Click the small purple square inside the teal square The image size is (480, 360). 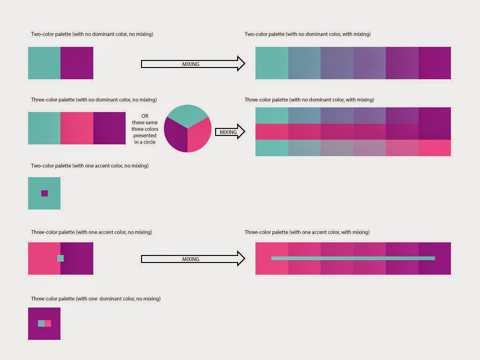coord(45,193)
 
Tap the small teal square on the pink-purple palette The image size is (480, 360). coord(60,258)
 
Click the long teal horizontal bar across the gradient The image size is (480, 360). coord(353,258)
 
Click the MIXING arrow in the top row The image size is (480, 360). coord(193,64)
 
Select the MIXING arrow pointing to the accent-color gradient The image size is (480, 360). coord(193,259)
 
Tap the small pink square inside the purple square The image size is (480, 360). coord(48,323)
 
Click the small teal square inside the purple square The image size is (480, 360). coord(41,323)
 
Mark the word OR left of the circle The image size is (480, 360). coord(145,116)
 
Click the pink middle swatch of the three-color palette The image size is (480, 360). coord(77,128)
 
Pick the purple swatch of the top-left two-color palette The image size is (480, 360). coord(77,63)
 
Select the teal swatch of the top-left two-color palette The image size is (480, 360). coord(44,63)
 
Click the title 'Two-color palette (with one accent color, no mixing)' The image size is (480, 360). coord(90,166)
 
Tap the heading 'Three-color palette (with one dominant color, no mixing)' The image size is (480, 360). coord(96,299)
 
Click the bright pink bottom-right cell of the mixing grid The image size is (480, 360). coord(435,148)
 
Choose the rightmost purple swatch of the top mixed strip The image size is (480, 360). coord(435,63)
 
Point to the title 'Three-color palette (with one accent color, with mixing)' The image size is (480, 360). coord(307,232)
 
